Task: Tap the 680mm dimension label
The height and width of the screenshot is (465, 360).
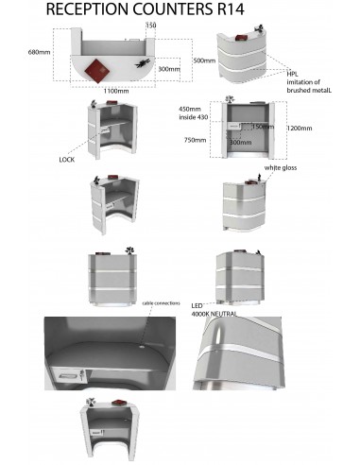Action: [38, 52]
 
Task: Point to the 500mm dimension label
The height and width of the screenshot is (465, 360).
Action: [204, 60]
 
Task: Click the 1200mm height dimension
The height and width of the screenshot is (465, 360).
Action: [300, 128]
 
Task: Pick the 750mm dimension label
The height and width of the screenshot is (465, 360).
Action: [194, 139]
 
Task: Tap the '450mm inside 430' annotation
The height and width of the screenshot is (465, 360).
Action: [193, 112]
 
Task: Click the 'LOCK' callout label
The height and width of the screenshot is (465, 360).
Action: [66, 160]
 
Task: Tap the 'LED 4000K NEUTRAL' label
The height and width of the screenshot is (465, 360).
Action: [214, 309]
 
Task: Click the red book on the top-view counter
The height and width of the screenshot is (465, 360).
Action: [95, 70]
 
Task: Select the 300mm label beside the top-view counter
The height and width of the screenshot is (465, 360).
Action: [169, 69]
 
